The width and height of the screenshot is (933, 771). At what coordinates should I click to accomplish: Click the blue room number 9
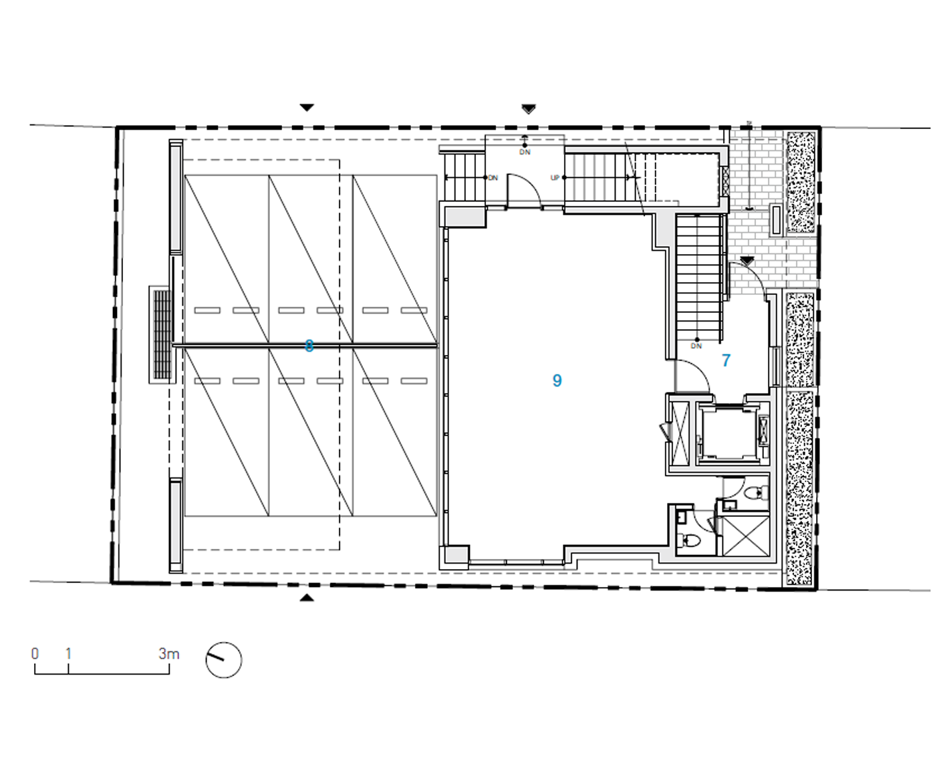click(x=557, y=380)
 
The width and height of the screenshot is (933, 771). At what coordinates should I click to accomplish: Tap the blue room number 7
click(x=726, y=360)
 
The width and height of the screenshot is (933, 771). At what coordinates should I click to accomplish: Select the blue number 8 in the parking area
click(x=309, y=346)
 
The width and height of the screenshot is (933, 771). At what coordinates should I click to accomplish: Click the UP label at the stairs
click(x=554, y=178)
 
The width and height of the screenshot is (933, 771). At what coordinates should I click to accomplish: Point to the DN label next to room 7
click(x=696, y=346)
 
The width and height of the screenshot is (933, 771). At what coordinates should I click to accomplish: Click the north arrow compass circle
click(x=223, y=660)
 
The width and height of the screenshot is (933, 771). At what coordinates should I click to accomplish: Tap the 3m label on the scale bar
click(x=168, y=654)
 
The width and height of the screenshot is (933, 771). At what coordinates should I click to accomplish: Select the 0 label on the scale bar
click(x=35, y=654)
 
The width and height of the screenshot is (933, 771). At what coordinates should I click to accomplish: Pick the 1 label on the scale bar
click(x=68, y=654)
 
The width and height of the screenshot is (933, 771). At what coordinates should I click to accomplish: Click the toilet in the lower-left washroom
click(x=691, y=540)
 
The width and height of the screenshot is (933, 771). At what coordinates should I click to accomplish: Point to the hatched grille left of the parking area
click(x=161, y=334)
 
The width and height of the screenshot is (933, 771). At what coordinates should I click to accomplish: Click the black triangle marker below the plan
click(x=306, y=597)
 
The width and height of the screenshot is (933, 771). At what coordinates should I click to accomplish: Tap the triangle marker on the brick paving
click(x=747, y=261)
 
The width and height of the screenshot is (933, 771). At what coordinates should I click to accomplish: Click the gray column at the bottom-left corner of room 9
click(x=454, y=555)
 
